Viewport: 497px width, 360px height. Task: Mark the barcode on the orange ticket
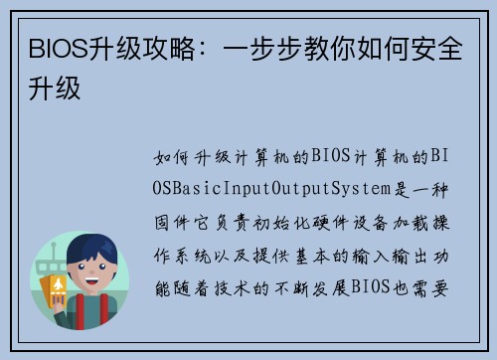tap(60, 299)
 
